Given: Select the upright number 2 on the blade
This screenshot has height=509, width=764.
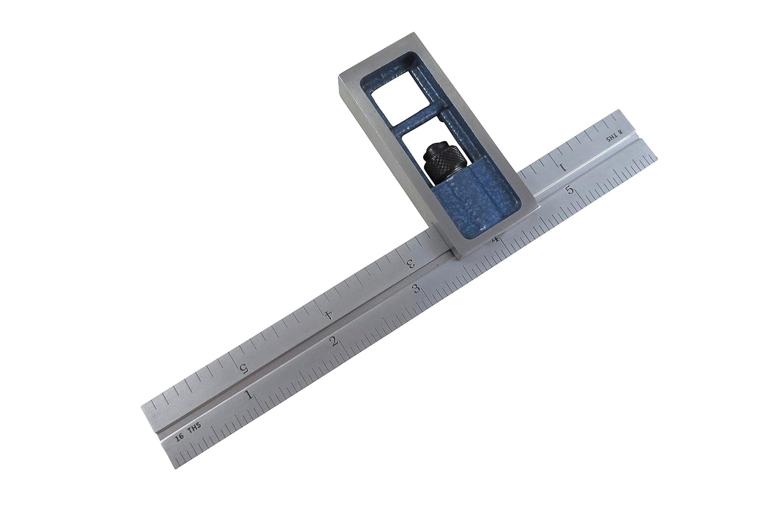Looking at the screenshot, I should click(x=334, y=341).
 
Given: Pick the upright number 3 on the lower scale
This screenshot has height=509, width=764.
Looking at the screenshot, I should click(x=417, y=289).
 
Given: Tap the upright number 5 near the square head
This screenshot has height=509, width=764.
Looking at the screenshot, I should click(x=571, y=190).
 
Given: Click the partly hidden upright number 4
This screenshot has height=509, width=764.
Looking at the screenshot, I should click(x=495, y=240).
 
